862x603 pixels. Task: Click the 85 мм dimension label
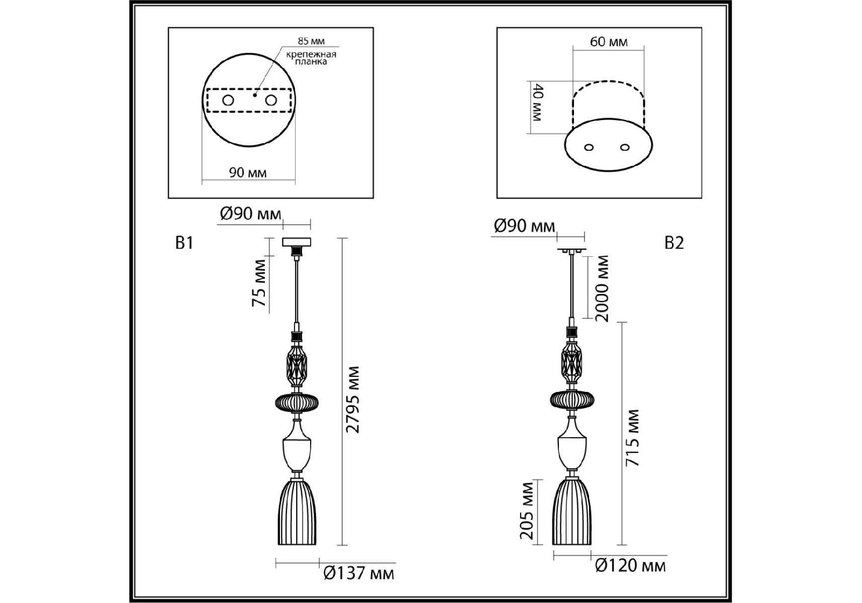pyautogui.click(x=311, y=41)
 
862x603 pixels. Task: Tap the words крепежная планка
pyautogui.click(x=311, y=58)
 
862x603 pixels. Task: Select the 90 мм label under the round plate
pyautogui.click(x=248, y=173)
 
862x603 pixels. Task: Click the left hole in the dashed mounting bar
pyautogui.click(x=228, y=100)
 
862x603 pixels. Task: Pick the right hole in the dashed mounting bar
pyautogui.click(x=271, y=100)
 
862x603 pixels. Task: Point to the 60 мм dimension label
pyautogui.click(x=609, y=42)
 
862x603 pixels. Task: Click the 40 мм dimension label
pyautogui.click(x=537, y=104)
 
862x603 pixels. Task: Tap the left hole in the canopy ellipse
pyautogui.click(x=589, y=147)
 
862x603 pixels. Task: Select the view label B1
pyautogui.click(x=184, y=243)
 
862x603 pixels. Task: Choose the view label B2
pyautogui.click(x=674, y=243)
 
